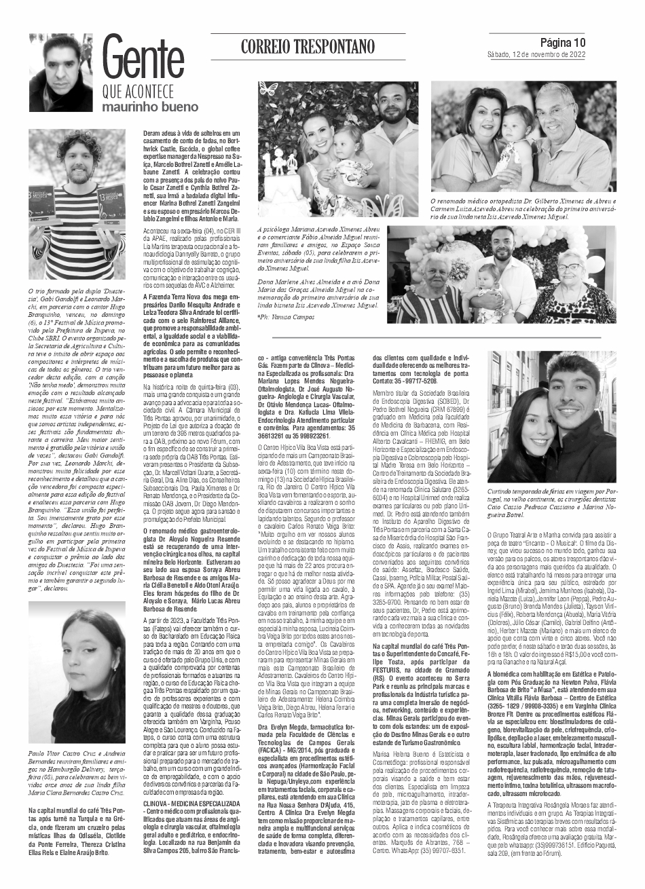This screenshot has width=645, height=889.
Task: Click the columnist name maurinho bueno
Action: click(x=150, y=107)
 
